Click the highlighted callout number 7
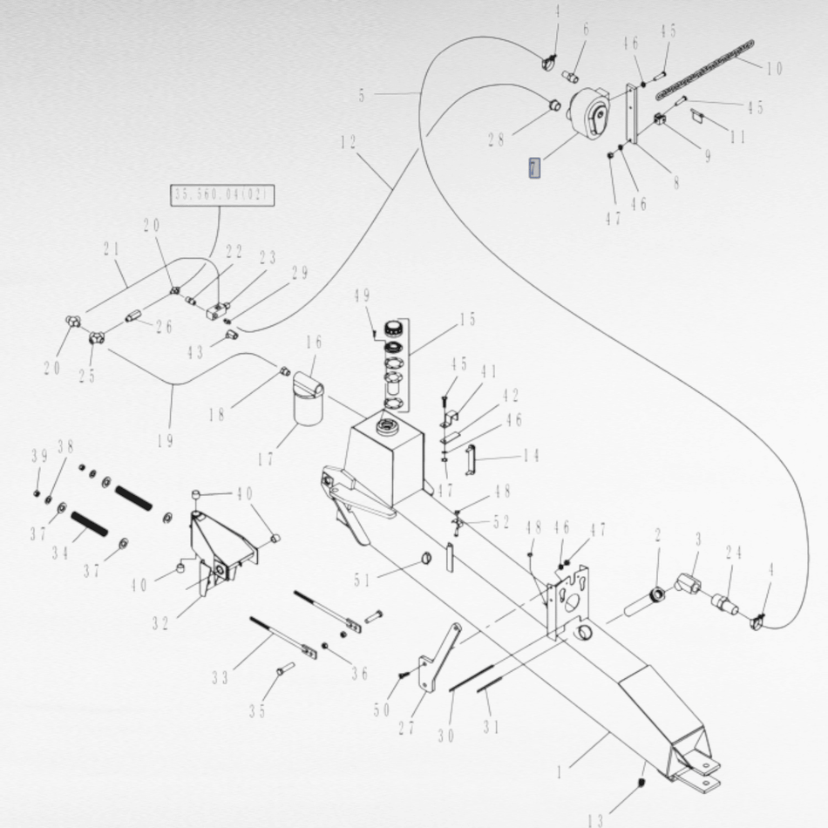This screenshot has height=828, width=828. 534,167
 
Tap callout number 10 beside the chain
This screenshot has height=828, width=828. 774,68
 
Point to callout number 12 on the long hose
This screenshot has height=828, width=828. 349,143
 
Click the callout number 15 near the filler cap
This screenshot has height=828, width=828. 467,320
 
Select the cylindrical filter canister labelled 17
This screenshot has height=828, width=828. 307,406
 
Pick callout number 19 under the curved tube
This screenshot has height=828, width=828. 166,440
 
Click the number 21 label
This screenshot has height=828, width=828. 111,250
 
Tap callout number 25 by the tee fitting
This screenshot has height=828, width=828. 86,376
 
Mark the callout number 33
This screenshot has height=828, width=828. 220,677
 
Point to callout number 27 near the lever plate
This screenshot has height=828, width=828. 406,728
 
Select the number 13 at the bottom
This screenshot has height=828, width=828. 595,819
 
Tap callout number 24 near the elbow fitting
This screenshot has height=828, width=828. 733,553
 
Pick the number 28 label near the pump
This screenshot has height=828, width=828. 496,139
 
